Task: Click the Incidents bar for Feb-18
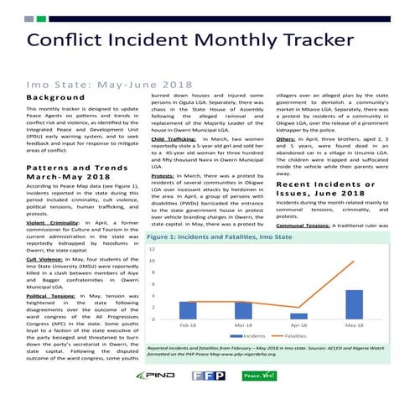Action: coord(189,310)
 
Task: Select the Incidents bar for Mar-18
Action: coord(244,310)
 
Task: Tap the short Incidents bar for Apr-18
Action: coord(299,316)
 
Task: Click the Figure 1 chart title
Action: coord(224,237)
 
